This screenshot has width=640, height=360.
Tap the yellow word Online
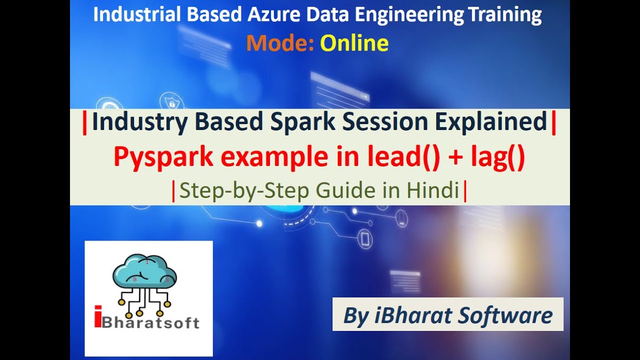click(x=354, y=44)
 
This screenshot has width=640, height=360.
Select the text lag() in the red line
click(x=498, y=157)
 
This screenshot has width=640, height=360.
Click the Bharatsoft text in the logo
click(x=151, y=321)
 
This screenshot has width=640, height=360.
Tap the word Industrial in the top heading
click(x=125, y=15)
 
